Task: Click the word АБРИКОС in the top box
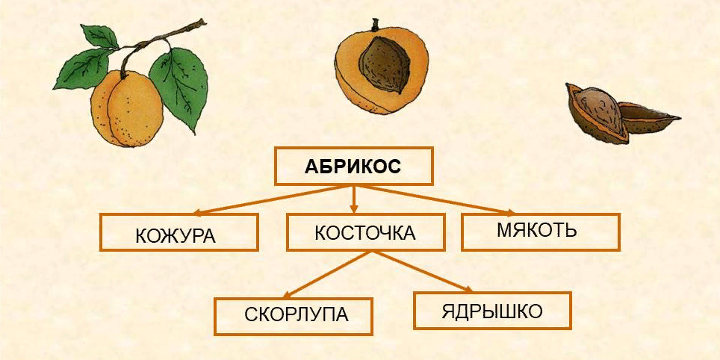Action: click(353, 167)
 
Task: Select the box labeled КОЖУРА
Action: click(179, 232)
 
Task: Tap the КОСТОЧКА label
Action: click(365, 233)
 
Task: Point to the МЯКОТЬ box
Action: click(541, 232)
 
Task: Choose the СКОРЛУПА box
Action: click(293, 317)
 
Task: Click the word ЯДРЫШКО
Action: click(492, 311)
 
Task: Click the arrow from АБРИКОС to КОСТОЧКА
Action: click(353, 199)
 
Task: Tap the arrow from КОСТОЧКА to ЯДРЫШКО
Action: click(421, 272)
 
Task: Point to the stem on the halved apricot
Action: click(375, 24)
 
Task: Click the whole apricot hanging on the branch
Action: click(127, 108)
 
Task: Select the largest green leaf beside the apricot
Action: click(179, 88)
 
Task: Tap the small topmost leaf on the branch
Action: click(99, 36)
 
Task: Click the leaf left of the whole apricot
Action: click(83, 69)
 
